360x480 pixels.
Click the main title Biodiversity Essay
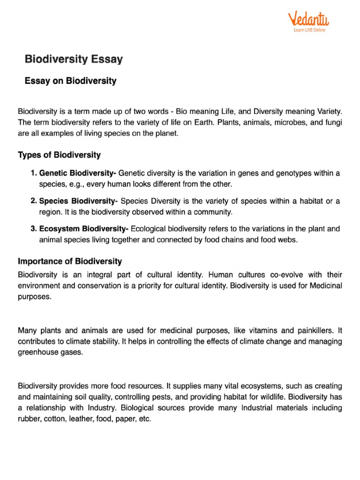74,60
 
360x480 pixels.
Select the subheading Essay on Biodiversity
70,81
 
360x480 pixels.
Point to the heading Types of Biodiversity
59,155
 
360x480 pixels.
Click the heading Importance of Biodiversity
70,261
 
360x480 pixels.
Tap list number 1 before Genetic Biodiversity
33,173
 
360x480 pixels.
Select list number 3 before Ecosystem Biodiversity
33,229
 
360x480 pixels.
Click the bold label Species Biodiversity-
78,201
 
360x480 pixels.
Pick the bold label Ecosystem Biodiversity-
84,229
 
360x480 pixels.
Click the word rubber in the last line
28,419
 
